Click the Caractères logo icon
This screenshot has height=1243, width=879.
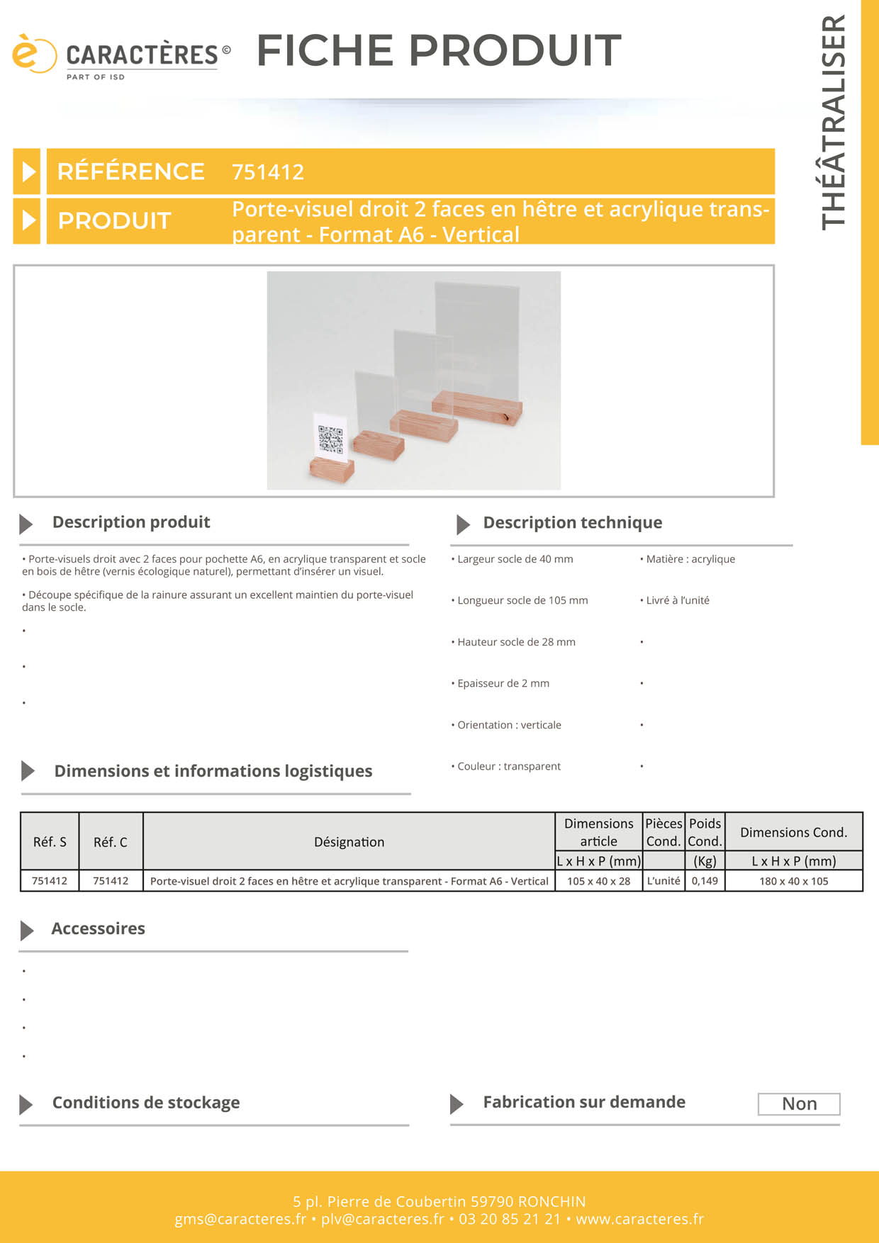tap(33, 53)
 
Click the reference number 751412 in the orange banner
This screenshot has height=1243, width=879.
tap(268, 172)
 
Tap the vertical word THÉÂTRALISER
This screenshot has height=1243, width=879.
tap(834, 122)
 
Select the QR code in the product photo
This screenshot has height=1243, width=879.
tap(330, 439)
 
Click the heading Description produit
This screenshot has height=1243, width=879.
tap(131, 522)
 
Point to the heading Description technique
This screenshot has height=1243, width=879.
tap(573, 523)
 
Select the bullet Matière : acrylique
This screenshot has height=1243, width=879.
tap(688, 559)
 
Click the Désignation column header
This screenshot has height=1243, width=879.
tap(349, 842)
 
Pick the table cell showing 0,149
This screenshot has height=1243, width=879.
tap(705, 881)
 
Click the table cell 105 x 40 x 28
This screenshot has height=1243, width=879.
tap(598, 881)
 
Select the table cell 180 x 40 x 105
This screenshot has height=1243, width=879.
tap(794, 881)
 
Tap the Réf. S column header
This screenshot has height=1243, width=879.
tap(50, 842)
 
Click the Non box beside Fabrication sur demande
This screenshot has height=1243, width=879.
tap(799, 1104)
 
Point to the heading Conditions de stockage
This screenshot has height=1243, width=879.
tap(146, 1103)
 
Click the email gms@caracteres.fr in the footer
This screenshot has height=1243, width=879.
tap(240, 1219)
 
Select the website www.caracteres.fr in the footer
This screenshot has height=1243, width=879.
tap(639, 1219)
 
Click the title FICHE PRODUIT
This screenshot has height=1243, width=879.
tap(439, 50)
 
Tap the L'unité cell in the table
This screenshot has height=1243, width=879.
tap(664, 881)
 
